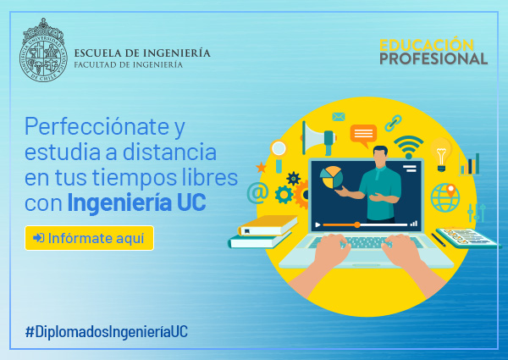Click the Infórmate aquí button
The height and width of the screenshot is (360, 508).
point(89,238)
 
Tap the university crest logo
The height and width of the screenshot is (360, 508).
point(43,50)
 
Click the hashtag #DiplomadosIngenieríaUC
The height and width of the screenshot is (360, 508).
point(107,332)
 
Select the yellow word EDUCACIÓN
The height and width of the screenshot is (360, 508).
point(427,45)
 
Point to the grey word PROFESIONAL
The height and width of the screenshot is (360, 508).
point(433,58)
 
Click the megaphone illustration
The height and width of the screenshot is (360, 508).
point(319,138)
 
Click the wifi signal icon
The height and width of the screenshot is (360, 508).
point(409,147)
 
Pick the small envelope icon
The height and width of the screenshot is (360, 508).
point(339,117)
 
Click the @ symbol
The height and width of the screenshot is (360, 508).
point(258,193)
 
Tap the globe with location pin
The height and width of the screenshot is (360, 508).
point(445,197)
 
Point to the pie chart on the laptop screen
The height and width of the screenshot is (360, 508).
point(331,178)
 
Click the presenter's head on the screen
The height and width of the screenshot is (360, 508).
point(380,157)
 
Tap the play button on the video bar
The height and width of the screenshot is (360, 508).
point(317,224)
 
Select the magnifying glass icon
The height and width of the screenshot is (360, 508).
point(279,155)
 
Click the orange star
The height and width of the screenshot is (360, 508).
point(261,168)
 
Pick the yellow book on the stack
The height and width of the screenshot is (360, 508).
point(268,225)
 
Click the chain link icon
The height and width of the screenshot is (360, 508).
point(394,123)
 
